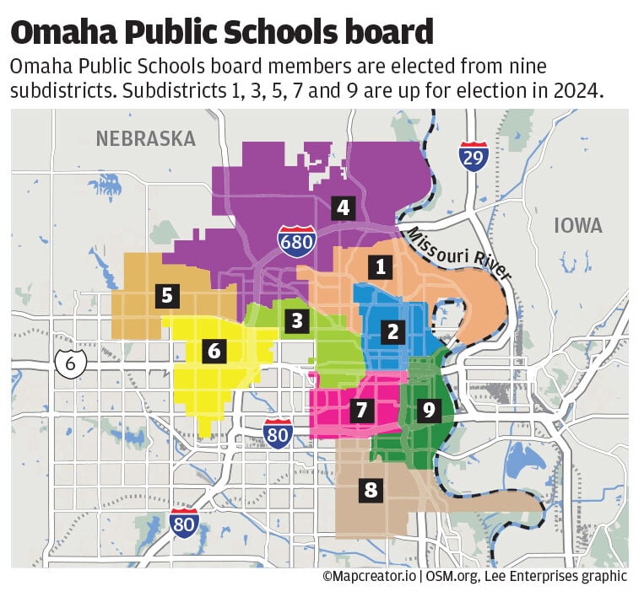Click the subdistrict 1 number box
pyautogui.click(x=381, y=267)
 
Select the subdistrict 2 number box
pyautogui.click(x=392, y=331)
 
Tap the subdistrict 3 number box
pyautogui.click(x=295, y=320)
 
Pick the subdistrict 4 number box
pyautogui.click(x=342, y=207)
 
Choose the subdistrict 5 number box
pyautogui.click(x=167, y=295)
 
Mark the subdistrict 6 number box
pyautogui.click(x=214, y=350)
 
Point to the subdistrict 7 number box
pyautogui.click(x=360, y=411)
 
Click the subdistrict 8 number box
pyautogui.click(x=370, y=490)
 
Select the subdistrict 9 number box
pyautogui.click(x=429, y=410)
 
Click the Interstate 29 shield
pyautogui.click(x=474, y=156)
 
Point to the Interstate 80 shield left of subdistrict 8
pyautogui.click(x=184, y=523)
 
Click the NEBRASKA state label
pyautogui.click(x=145, y=138)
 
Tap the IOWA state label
pyautogui.click(x=578, y=225)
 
